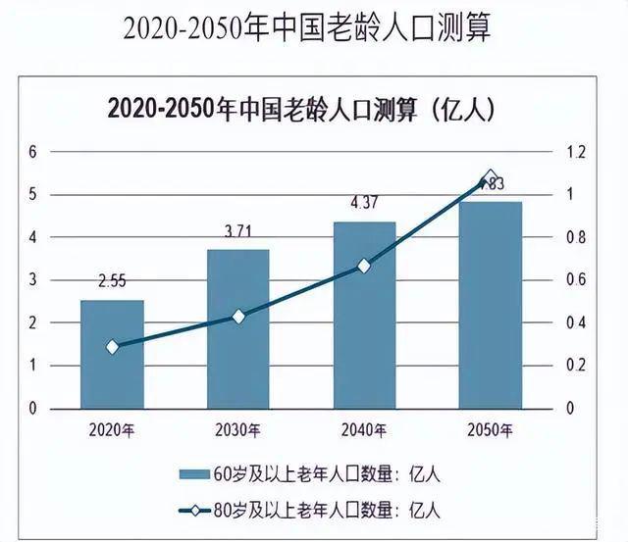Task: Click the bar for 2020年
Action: tap(112, 354)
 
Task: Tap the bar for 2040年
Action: tap(364, 315)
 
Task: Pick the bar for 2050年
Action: tap(491, 305)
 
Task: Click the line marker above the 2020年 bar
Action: tap(112, 347)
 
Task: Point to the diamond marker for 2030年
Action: tap(238, 317)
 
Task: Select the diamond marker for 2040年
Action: tap(364, 266)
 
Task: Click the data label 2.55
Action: tap(113, 283)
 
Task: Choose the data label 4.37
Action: tap(364, 204)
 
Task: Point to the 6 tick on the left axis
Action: tap(31, 152)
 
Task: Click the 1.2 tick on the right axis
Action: tap(575, 152)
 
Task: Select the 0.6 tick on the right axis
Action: tap(575, 280)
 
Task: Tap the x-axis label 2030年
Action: tap(238, 430)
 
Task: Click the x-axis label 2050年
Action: tap(491, 430)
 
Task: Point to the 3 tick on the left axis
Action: tap(31, 280)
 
